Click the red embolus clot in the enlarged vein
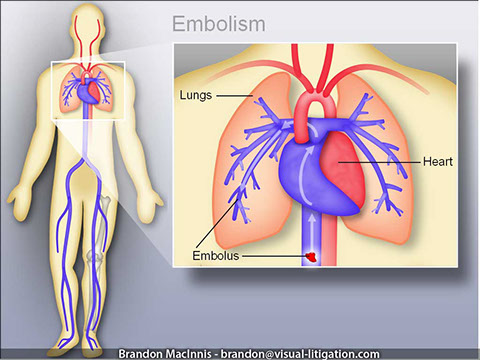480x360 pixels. point(311,257)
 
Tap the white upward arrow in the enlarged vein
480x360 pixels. point(309,218)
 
